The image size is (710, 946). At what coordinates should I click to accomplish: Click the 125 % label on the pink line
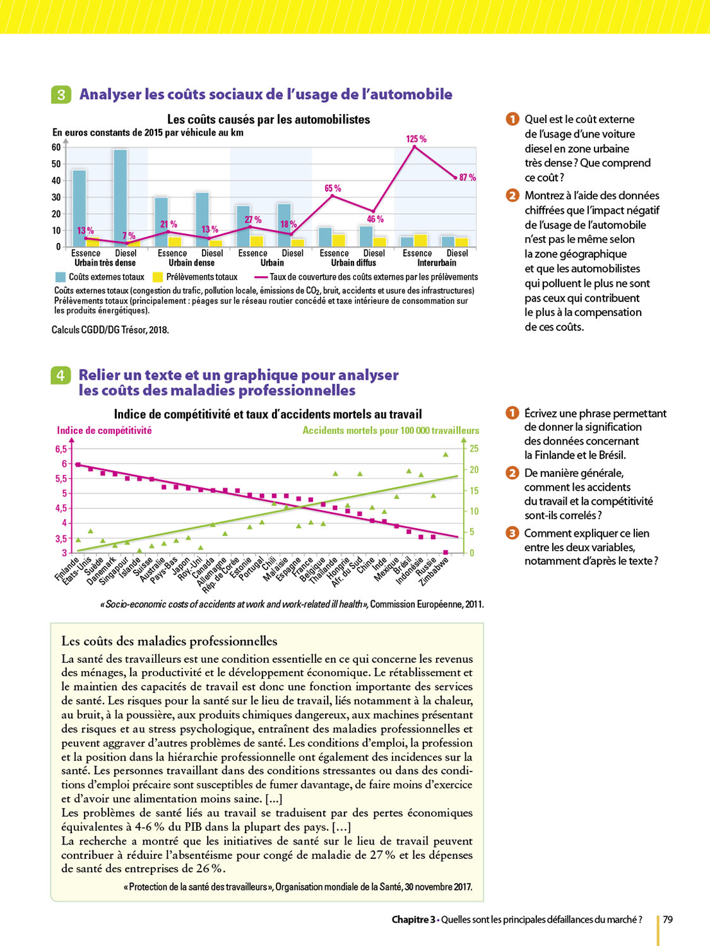pyautogui.click(x=416, y=139)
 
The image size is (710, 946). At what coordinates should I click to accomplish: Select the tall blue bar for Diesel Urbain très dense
pyautogui.click(x=120, y=197)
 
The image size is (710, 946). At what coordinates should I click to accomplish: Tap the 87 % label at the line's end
pyautogui.click(x=468, y=178)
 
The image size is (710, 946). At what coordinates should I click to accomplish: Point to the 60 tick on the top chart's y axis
pyautogui.click(x=56, y=148)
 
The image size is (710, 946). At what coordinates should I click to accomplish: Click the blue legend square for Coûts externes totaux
pyautogui.click(x=61, y=277)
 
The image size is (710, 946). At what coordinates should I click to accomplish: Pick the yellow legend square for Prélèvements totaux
pyautogui.click(x=158, y=277)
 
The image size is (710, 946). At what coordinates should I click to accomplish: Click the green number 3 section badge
pyautogui.click(x=61, y=95)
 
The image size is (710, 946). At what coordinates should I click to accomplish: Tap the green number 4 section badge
pyautogui.click(x=60, y=375)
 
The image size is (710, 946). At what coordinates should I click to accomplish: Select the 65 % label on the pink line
pyautogui.click(x=333, y=189)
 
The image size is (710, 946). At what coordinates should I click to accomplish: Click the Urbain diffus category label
pyautogui.click(x=353, y=263)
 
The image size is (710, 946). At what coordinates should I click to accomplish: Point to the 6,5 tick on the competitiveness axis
pyautogui.click(x=61, y=449)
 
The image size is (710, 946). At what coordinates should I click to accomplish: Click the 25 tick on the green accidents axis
pyautogui.click(x=474, y=449)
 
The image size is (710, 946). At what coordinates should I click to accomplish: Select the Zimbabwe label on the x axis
pyautogui.click(x=435, y=571)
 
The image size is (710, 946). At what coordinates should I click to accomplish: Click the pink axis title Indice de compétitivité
pyautogui.click(x=104, y=431)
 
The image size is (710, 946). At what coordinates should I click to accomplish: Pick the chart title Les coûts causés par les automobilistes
pyautogui.click(x=268, y=119)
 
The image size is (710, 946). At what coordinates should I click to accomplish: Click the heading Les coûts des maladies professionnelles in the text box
pyautogui.click(x=169, y=641)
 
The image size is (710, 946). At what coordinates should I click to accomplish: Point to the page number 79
pyautogui.click(x=668, y=920)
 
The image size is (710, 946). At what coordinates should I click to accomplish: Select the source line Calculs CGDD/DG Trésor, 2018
pyautogui.click(x=110, y=330)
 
